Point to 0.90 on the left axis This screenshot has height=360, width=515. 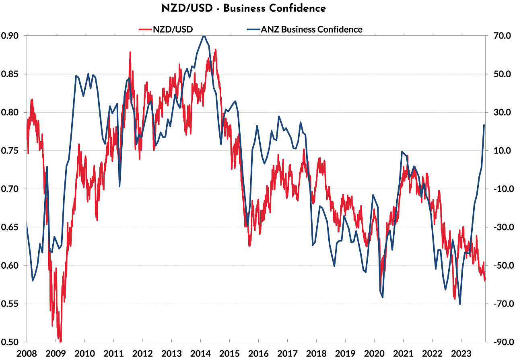tap(10, 36)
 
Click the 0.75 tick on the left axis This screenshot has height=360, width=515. tap(10, 151)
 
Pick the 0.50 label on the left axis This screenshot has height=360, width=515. tap(10, 342)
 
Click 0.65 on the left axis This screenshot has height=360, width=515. tap(10, 227)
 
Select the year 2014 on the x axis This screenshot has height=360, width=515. tap(200, 354)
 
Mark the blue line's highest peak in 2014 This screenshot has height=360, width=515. tap(204, 36)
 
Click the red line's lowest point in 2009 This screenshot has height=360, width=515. tap(60, 341)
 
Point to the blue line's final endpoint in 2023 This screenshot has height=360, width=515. tap(484, 125)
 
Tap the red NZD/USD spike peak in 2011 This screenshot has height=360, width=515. tap(130, 52)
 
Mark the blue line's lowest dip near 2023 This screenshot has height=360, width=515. tap(459, 304)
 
